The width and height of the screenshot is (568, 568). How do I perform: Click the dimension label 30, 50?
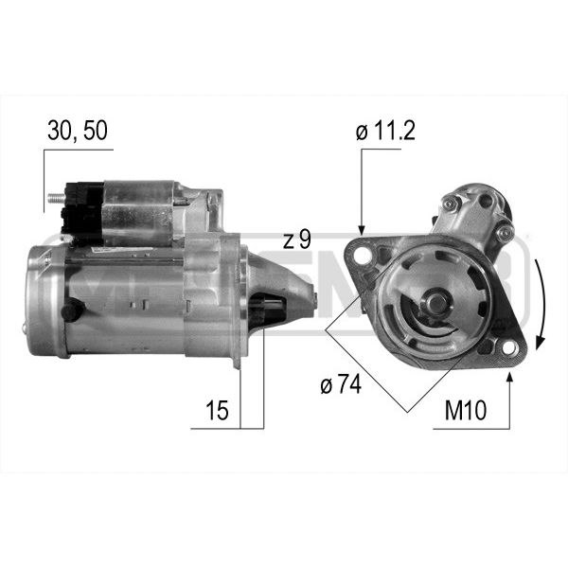click(x=78, y=131)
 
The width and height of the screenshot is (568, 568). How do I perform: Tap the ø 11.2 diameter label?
click(x=385, y=131)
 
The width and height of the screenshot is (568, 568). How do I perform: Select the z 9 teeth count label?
click(x=297, y=240)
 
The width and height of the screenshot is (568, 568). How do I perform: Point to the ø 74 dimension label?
click(x=341, y=384)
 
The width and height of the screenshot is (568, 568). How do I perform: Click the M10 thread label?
click(x=466, y=410)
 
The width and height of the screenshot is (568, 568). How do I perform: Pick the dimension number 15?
click(x=217, y=410)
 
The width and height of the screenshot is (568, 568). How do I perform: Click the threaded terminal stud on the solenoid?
click(x=56, y=198)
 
